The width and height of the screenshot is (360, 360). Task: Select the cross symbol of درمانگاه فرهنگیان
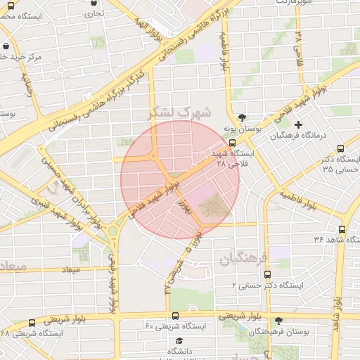coord(299,124)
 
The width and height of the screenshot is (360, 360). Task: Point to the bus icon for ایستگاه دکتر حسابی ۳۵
coord(341,149)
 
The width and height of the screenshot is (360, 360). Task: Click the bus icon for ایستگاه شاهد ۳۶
coord(342,229)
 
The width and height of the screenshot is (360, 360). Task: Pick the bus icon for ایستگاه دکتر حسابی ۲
coord(265,275)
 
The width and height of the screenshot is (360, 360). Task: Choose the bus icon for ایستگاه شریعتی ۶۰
coord(175,316)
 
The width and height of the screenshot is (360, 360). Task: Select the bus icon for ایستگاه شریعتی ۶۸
coord(32,323)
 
